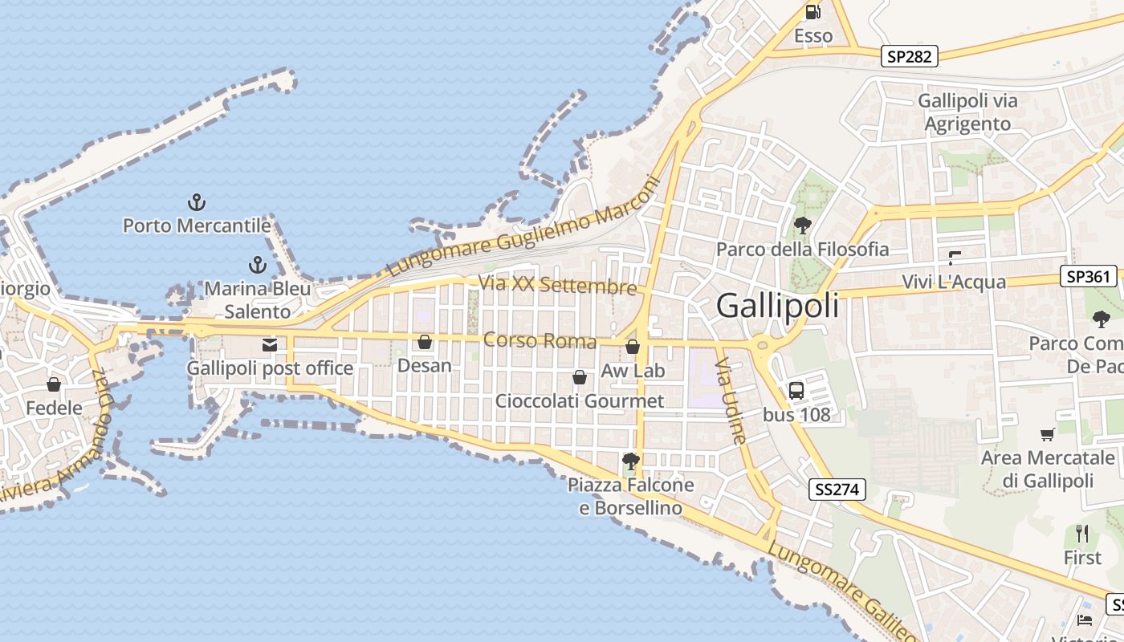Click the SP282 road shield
pyautogui.click(x=910, y=56)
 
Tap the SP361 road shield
pyautogui.click(x=1089, y=277)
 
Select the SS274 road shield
pyautogui.click(x=837, y=490)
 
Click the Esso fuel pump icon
pyautogui.click(x=813, y=12)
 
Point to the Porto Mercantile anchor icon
pyautogui.click(x=196, y=202)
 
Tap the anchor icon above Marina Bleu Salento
pyautogui.click(x=258, y=265)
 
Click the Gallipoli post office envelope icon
pyautogui.click(x=270, y=345)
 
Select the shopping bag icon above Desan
pyautogui.click(x=425, y=343)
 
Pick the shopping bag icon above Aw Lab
pyautogui.click(x=633, y=347)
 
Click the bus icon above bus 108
pyautogui.click(x=796, y=391)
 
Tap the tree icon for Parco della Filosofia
pyautogui.click(x=802, y=226)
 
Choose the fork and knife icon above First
pyautogui.click(x=1082, y=533)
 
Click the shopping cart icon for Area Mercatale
pyautogui.click(x=1048, y=435)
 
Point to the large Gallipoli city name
pyautogui.click(x=777, y=306)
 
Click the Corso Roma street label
pyautogui.click(x=540, y=341)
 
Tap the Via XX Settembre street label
pyautogui.click(x=557, y=285)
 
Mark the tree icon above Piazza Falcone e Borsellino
pyautogui.click(x=631, y=461)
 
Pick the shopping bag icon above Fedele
pyautogui.click(x=54, y=384)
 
